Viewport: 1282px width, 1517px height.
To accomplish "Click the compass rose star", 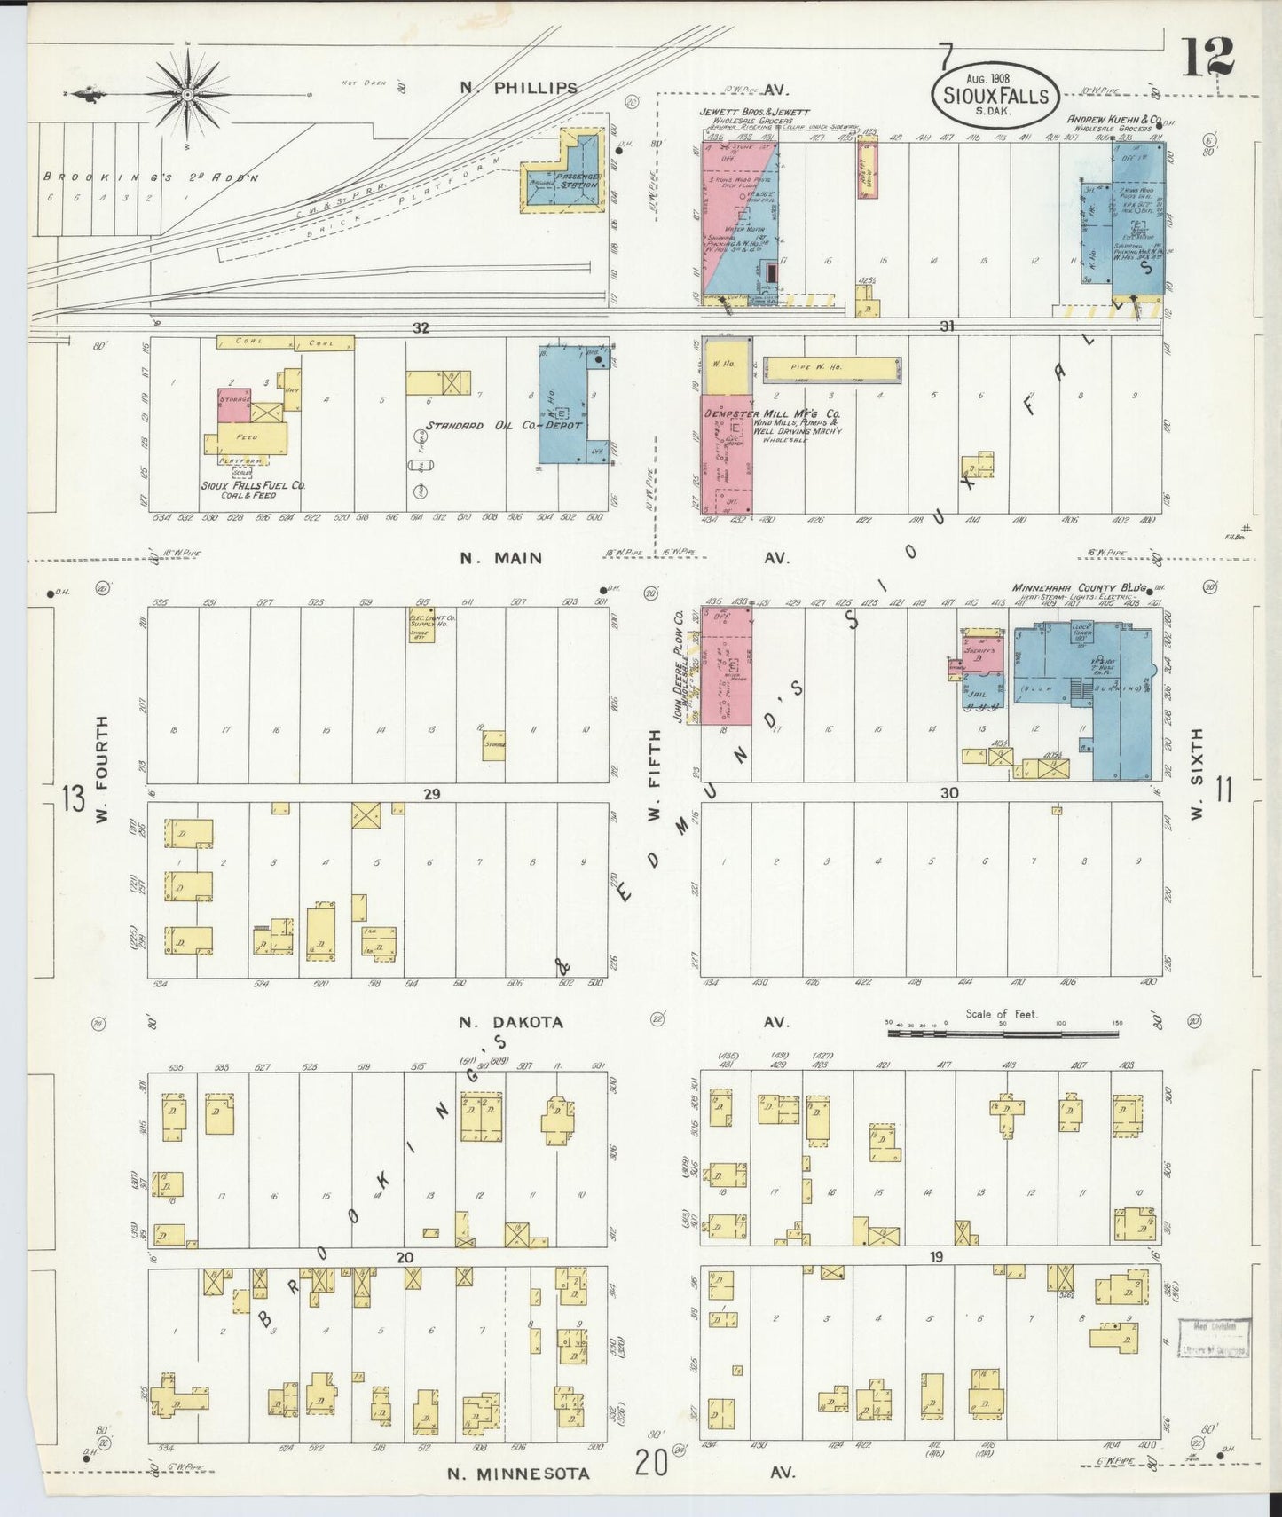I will click(x=188, y=94).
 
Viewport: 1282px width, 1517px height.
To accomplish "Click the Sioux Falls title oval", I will click(x=995, y=96).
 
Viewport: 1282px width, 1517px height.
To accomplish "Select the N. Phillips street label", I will click(x=519, y=88).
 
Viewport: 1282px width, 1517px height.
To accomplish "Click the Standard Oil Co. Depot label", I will click(x=503, y=425).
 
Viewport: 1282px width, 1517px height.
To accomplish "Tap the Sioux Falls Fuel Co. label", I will click(x=252, y=486).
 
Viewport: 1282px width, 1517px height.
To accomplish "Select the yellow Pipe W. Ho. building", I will click(x=831, y=367).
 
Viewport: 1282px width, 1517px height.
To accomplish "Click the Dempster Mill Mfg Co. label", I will click(x=771, y=413).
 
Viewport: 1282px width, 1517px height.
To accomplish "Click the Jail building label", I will click(x=977, y=695).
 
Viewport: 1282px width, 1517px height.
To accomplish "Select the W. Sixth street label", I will click(x=1198, y=774).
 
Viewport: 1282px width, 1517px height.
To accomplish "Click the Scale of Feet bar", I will click(x=1003, y=1033).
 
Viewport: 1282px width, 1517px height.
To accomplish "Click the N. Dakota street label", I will click(x=511, y=1022).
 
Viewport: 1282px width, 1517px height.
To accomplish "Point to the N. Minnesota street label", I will click(x=517, y=1474).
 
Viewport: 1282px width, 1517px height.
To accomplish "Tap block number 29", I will click(x=431, y=794).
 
